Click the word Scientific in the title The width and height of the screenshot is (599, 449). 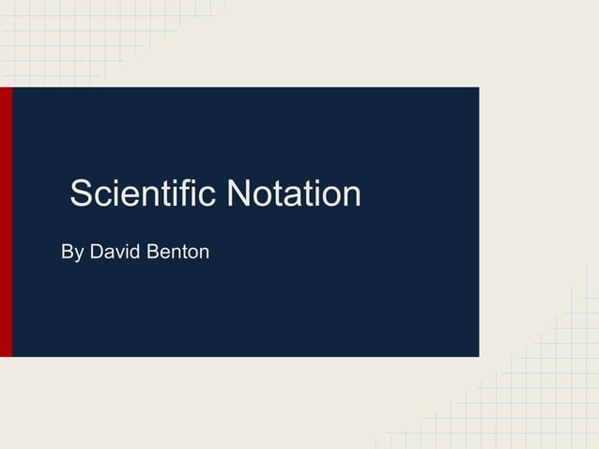(x=143, y=194)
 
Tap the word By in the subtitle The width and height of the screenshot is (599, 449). (x=71, y=253)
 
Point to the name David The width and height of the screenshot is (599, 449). (x=112, y=252)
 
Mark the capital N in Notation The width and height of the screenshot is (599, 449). (x=240, y=194)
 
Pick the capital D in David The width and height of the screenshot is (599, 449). (x=96, y=252)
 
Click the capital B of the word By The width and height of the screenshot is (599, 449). (x=67, y=252)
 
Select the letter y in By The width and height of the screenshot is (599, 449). (x=78, y=255)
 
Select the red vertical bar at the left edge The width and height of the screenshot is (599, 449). (x=6, y=222)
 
